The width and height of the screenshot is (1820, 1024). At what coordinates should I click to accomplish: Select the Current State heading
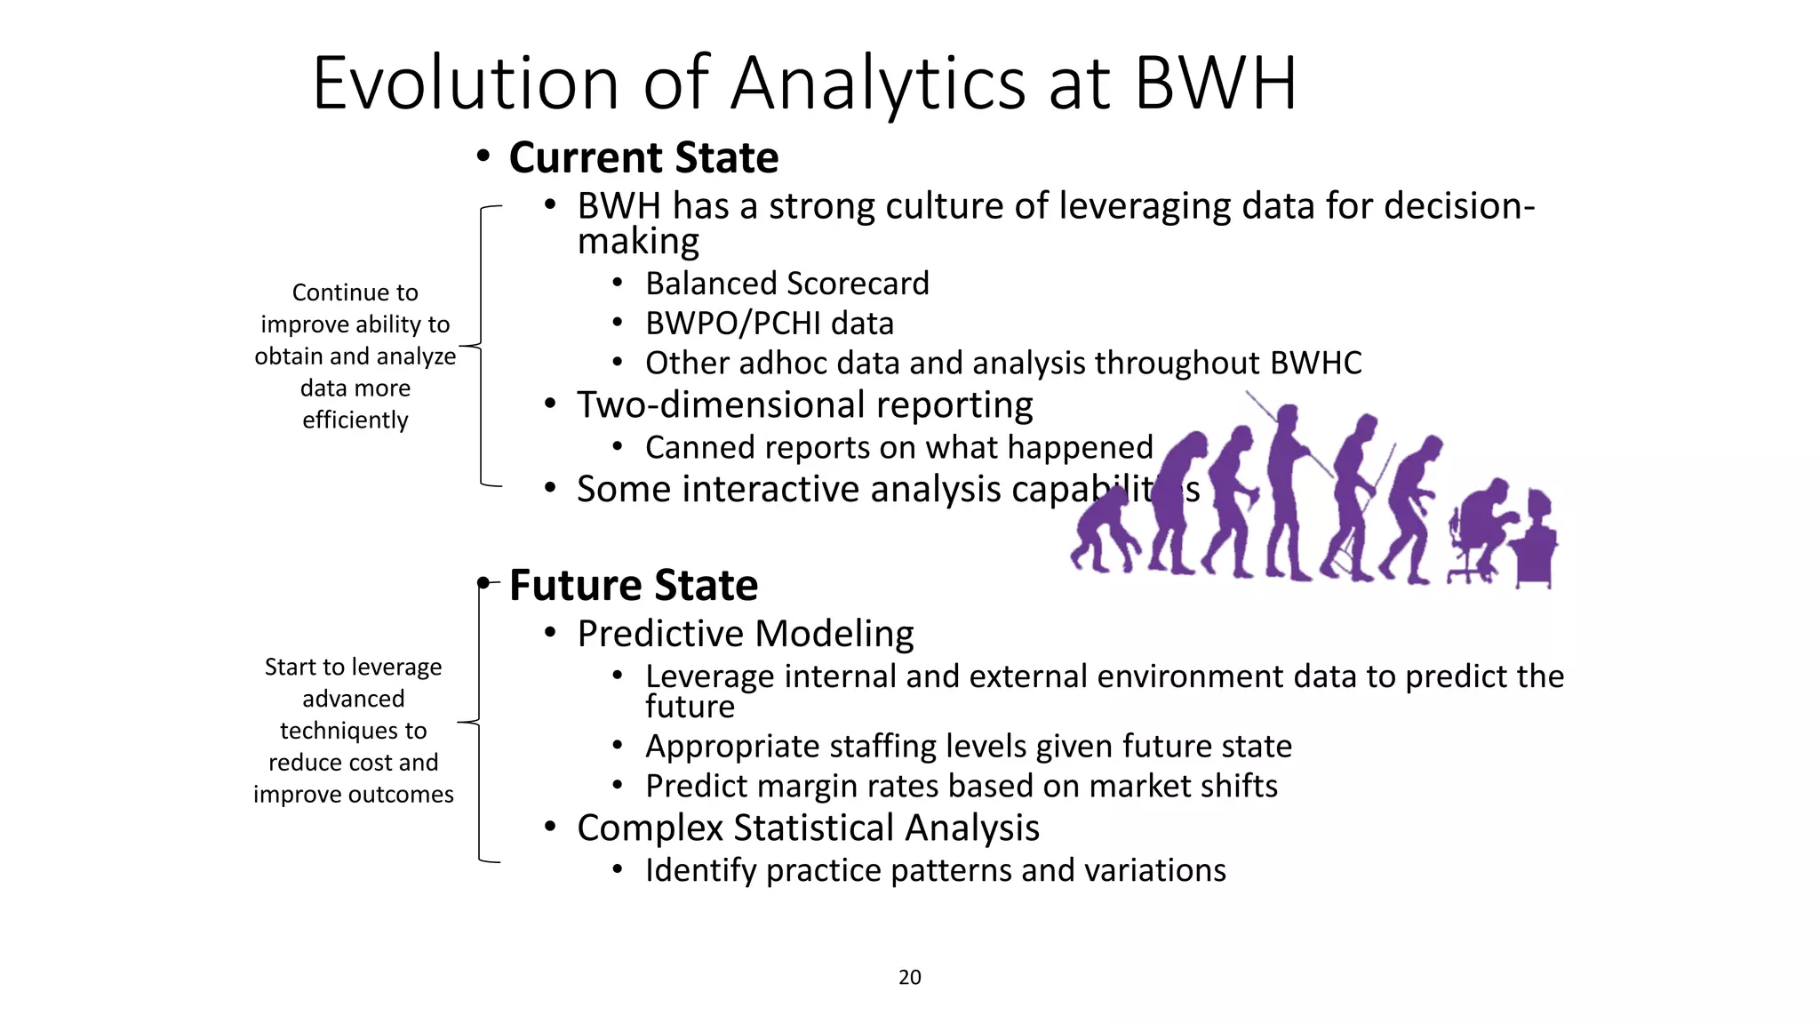tap(643, 158)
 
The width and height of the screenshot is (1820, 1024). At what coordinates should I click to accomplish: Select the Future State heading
tap(633, 586)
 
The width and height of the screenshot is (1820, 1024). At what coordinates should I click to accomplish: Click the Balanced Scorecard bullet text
tap(786, 284)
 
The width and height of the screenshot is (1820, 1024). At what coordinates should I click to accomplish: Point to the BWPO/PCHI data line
tap(769, 324)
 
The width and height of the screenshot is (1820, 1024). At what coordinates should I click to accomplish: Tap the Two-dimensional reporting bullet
tap(804, 405)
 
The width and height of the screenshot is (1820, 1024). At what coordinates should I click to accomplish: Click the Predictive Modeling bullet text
tap(745, 634)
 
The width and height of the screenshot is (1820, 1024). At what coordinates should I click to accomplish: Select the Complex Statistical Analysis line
tap(807, 828)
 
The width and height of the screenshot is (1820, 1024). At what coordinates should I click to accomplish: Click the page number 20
tap(909, 977)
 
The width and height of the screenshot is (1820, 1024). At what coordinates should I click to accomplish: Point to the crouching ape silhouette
tap(1103, 533)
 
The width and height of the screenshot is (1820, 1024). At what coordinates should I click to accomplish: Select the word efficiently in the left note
tap(355, 420)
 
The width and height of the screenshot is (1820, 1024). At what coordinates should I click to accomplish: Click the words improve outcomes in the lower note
tap(353, 794)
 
